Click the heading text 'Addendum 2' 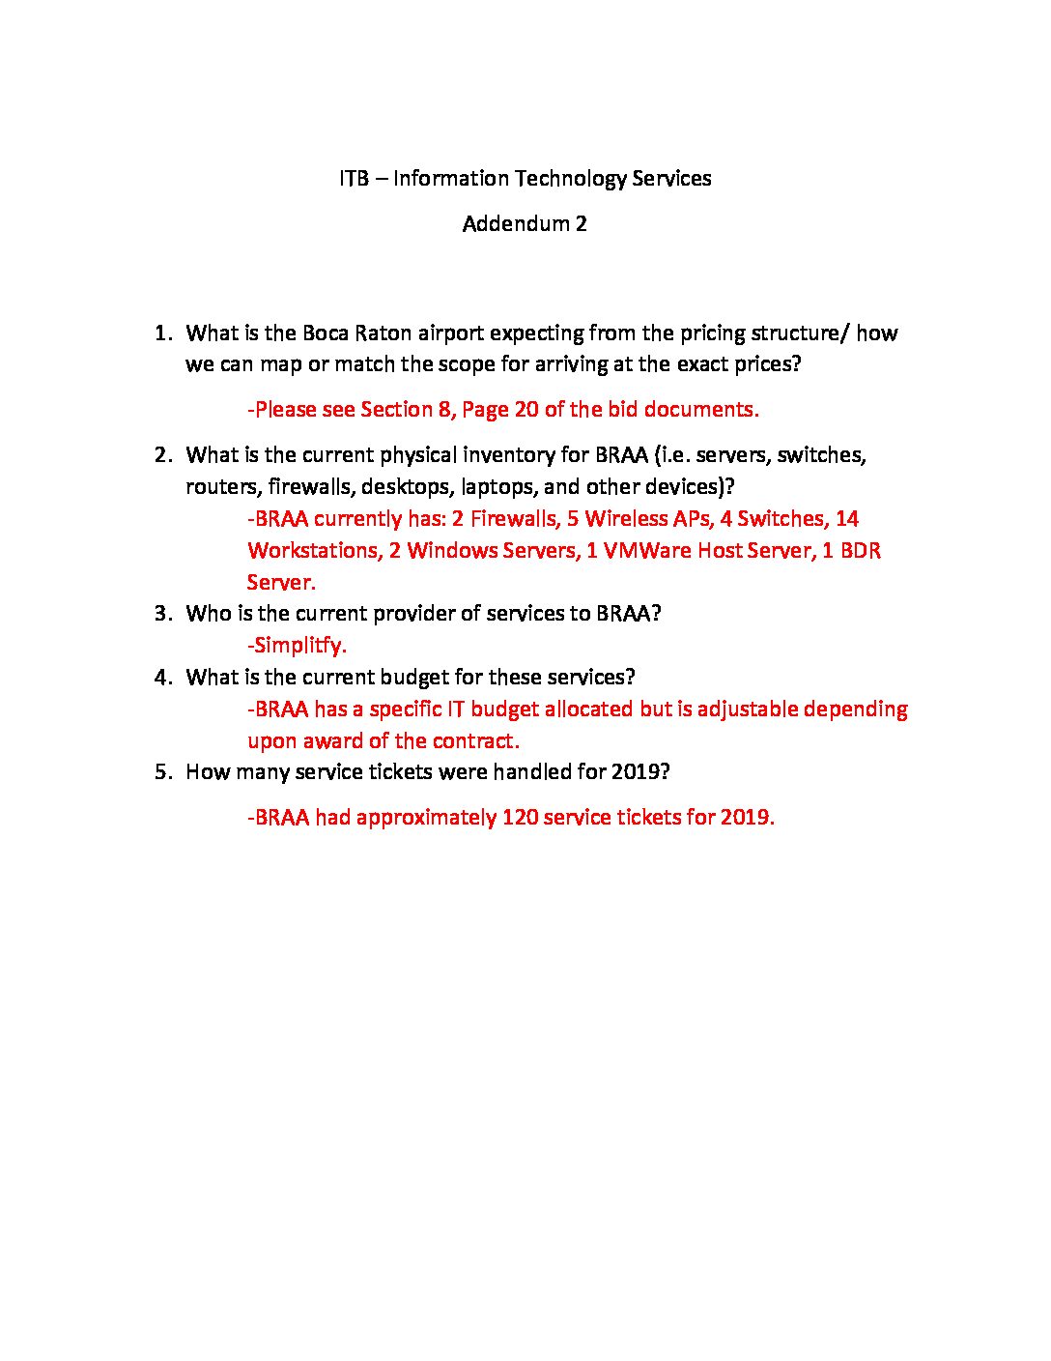tap(525, 224)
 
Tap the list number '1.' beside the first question tap(164, 333)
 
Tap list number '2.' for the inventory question tap(164, 455)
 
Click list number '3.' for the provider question tap(164, 614)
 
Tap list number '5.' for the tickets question tap(164, 772)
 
